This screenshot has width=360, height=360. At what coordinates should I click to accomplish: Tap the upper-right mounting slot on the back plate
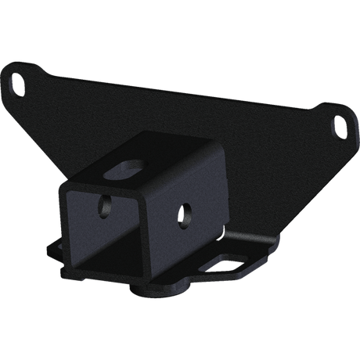click(x=340, y=124)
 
